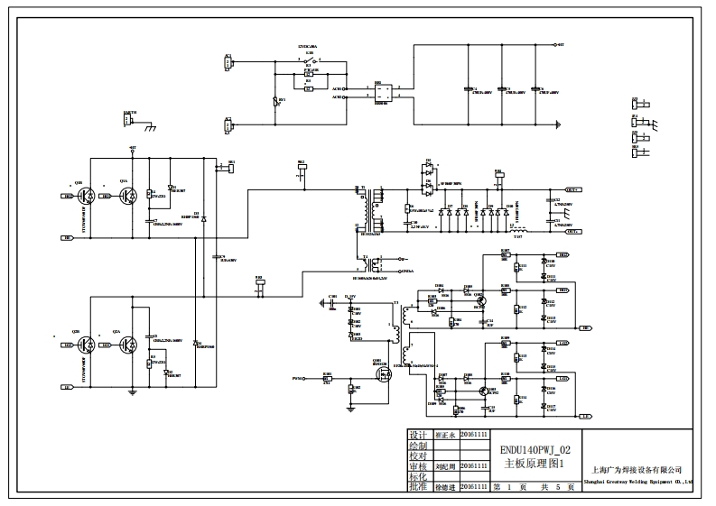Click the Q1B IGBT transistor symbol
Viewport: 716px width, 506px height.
84,195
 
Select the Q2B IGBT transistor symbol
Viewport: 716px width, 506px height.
84,345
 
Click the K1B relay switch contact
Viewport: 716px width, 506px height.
309,61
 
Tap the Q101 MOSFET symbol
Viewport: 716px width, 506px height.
382,371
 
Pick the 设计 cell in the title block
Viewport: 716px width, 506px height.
417,434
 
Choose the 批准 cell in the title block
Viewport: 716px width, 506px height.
417,486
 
